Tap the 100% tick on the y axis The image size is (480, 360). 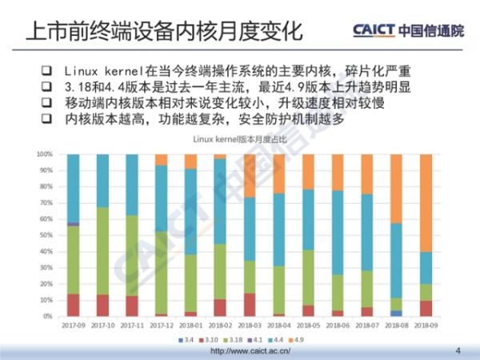pyautogui.click(x=45, y=154)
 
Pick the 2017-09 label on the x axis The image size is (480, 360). pyautogui.click(x=73, y=326)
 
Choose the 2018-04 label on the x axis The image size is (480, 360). pyautogui.click(x=278, y=326)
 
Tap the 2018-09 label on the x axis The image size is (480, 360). pyautogui.click(x=426, y=326)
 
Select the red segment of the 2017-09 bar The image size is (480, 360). pyautogui.click(x=73, y=305)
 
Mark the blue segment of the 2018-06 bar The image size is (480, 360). pyautogui.click(x=338, y=232)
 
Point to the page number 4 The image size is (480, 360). pyautogui.click(x=458, y=350)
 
